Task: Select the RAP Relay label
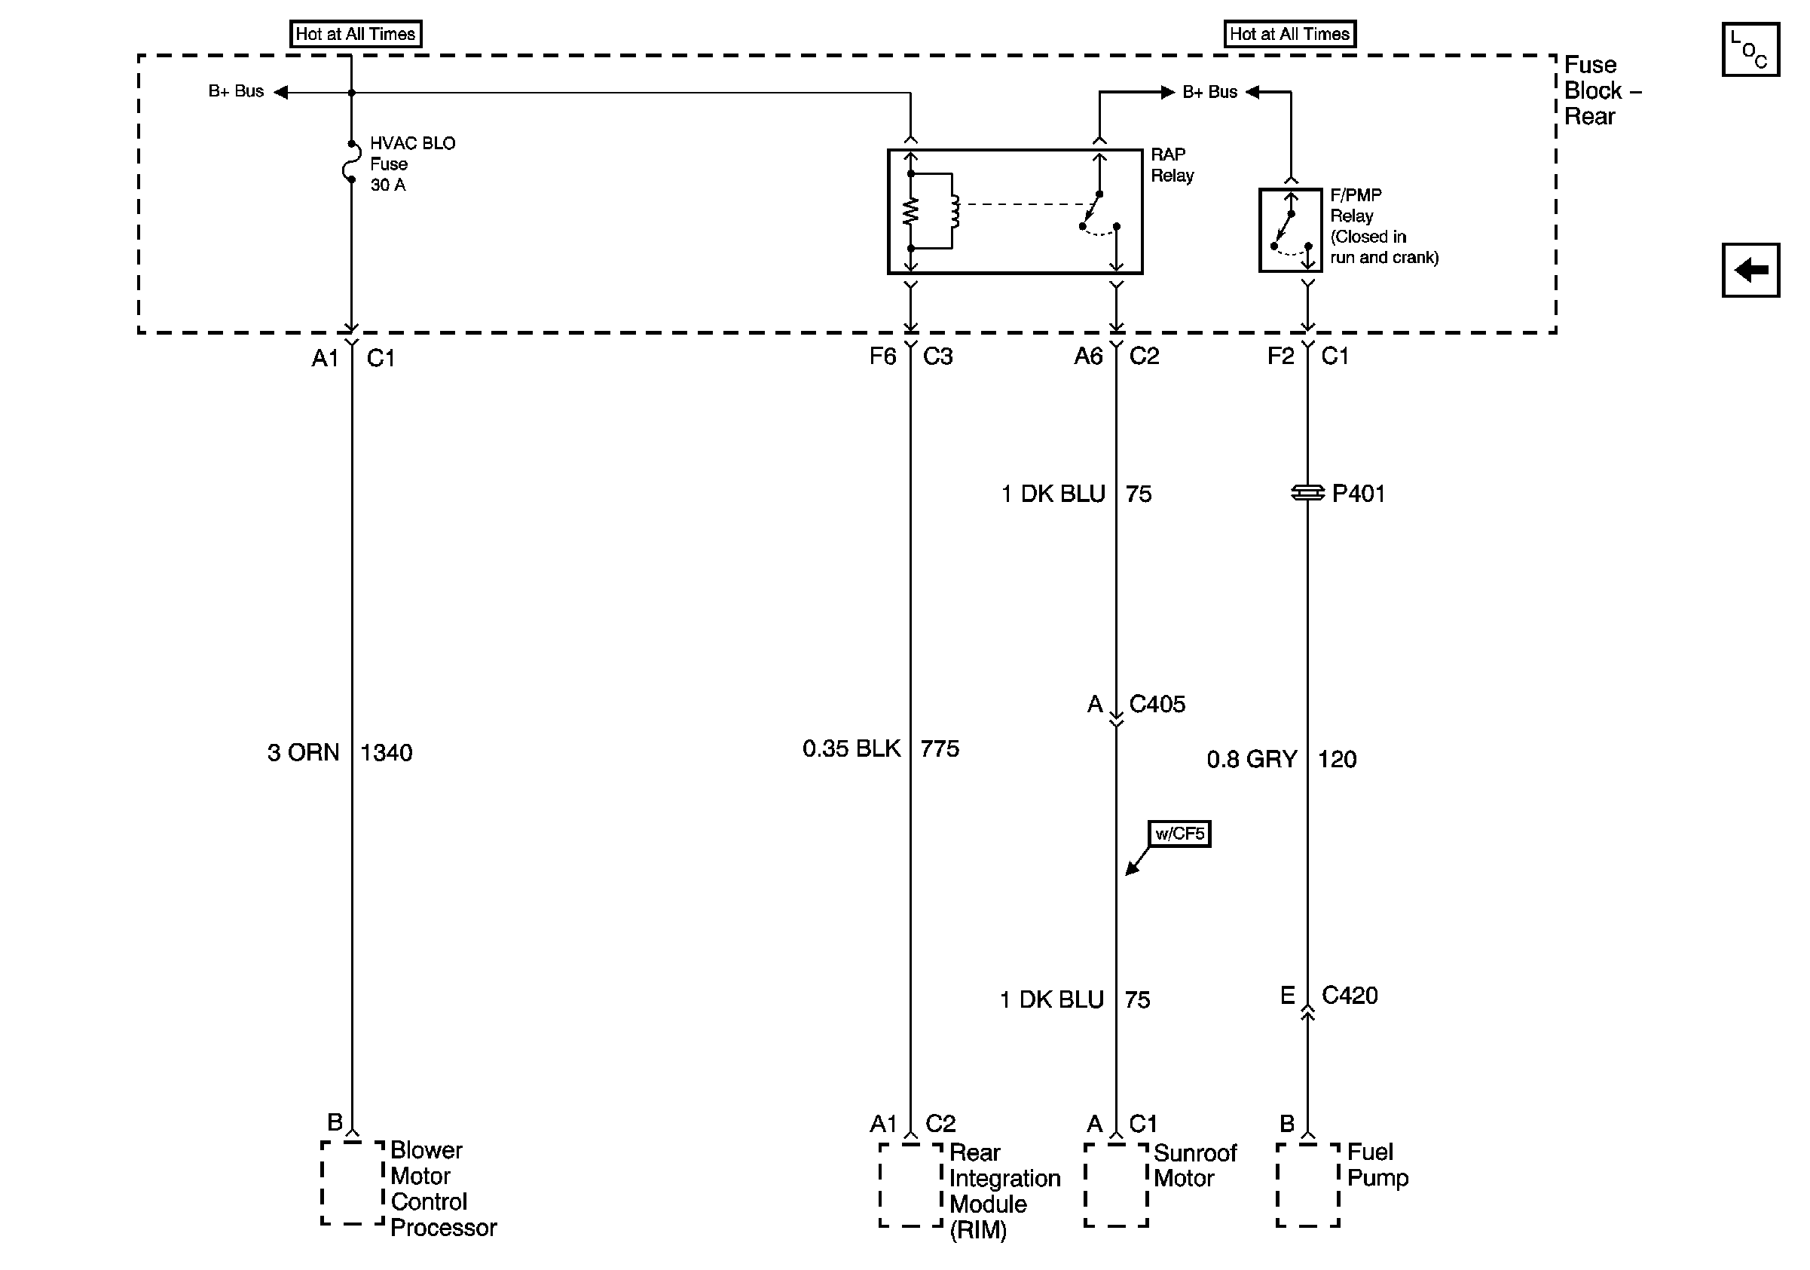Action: click(1172, 165)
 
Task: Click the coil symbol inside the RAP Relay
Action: click(955, 210)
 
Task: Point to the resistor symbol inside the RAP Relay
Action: click(910, 210)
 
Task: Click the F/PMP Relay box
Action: click(1290, 230)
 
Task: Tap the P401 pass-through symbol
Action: click(1307, 493)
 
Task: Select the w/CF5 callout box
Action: click(1179, 834)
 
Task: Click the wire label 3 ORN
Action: click(303, 753)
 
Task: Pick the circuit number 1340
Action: click(387, 753)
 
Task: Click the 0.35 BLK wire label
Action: click(851, 748)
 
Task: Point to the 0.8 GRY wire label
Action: click(1251, 759)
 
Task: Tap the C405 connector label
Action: click(1157, 704)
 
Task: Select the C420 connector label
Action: click(1349, 996)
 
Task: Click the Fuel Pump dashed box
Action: click(1307, 1185)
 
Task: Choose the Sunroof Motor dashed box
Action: click(1115, 1185)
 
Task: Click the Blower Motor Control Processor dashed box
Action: click(353, 1183)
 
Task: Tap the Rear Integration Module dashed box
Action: click(910, 1185)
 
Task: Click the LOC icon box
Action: click(1750, 50)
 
